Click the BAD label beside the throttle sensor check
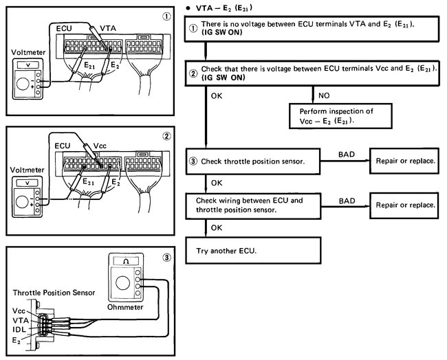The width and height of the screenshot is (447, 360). point(348,155)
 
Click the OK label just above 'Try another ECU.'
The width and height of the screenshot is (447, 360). point(216,227)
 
